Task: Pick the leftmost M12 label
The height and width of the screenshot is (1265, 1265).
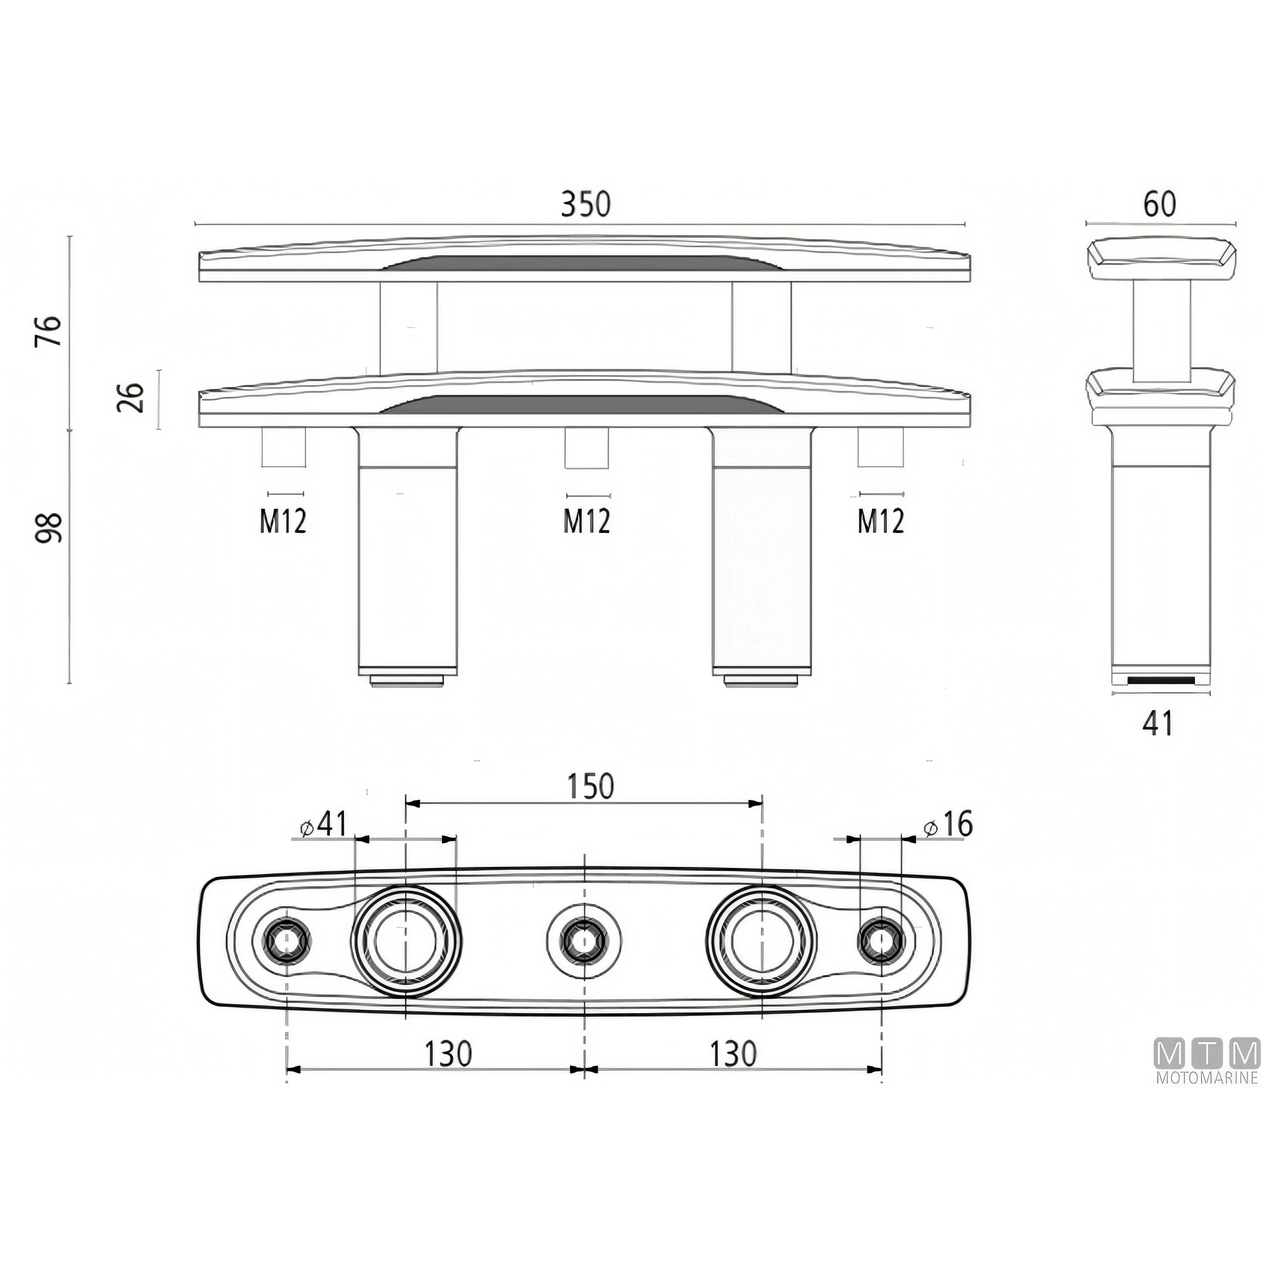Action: coord(283,521)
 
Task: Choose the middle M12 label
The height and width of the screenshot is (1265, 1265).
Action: coord(587,521)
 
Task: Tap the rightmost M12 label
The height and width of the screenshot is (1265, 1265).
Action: coord(881,521)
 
